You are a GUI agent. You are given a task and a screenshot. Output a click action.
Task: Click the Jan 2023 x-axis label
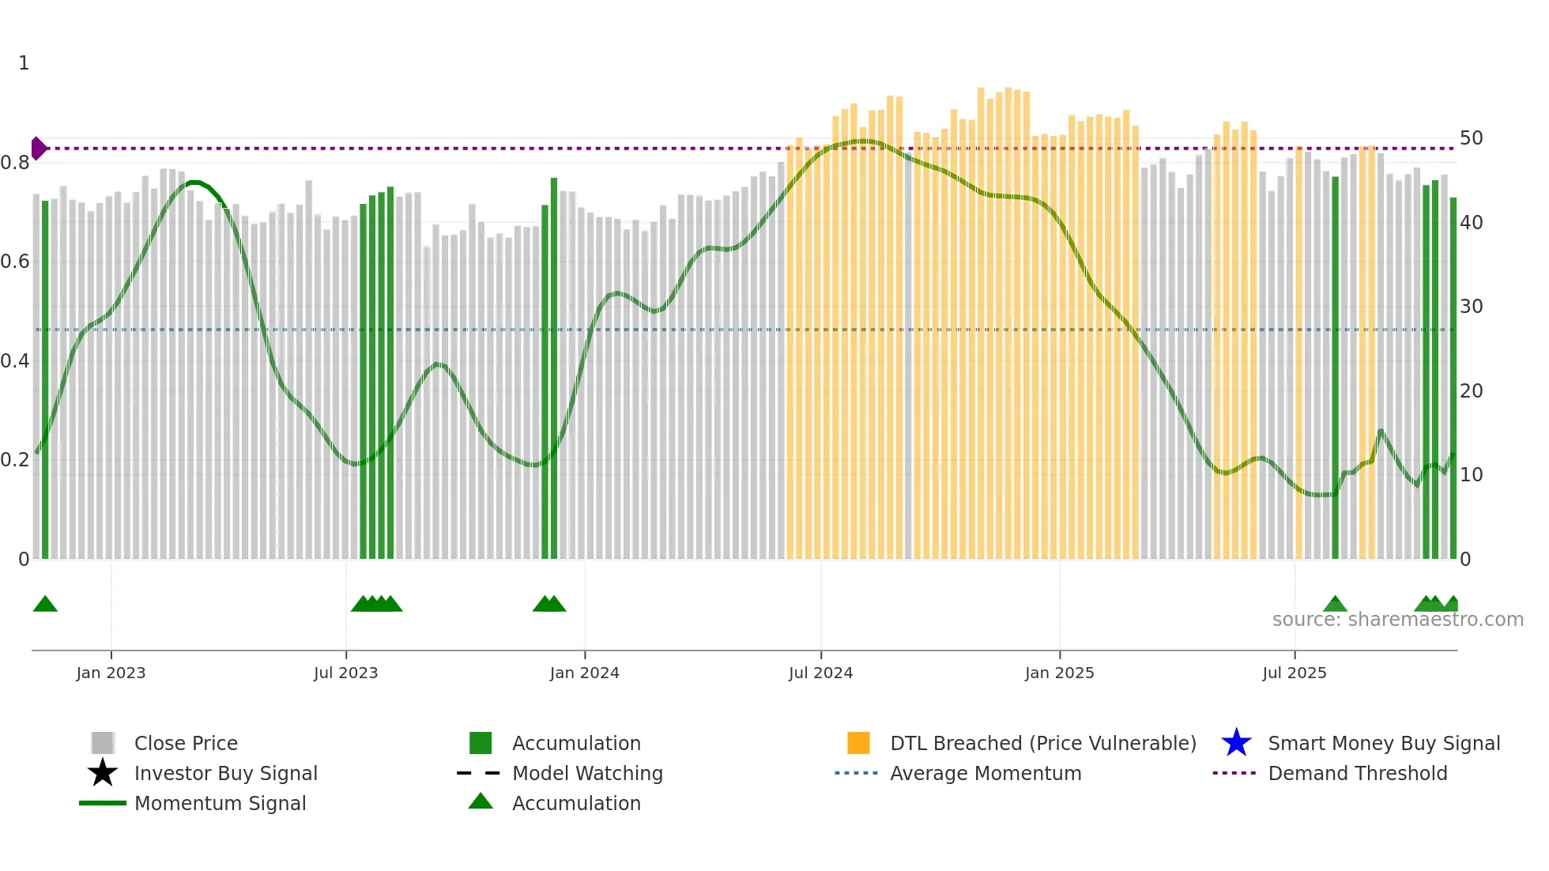point(111,673)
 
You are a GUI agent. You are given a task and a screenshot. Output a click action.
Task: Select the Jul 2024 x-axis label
point(820,673)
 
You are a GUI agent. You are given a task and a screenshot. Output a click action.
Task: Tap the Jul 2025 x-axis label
point(1294,673)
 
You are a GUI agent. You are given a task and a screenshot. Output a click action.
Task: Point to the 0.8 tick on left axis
point(15,163)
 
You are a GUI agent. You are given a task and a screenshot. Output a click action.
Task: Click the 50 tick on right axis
point(1471,138)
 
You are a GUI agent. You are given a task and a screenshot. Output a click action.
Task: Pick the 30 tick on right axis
point(1471,307)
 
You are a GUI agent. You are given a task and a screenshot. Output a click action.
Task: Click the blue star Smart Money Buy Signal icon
point(1236,743)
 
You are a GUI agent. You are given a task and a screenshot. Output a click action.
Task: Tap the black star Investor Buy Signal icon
point(103,773)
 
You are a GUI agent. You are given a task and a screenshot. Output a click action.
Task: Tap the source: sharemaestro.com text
point(1397,620)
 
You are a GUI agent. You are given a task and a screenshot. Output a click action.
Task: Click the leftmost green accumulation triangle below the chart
point(45,605)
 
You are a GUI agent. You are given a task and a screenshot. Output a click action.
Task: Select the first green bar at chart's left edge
point(45,379)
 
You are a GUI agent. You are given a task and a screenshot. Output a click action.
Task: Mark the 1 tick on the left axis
point(24,63)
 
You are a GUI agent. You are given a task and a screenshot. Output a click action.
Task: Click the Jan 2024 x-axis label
point(584,673)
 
